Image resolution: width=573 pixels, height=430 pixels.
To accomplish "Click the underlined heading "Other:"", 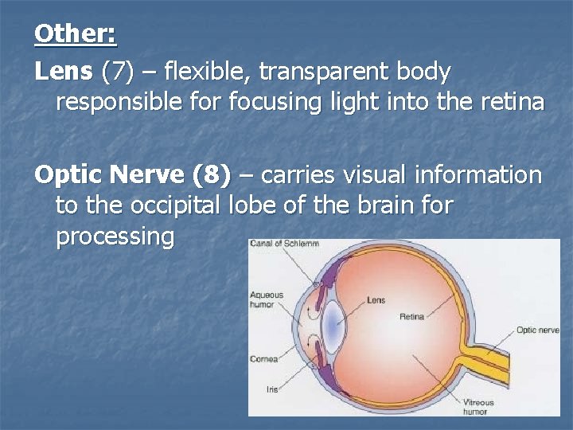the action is pos(75,33).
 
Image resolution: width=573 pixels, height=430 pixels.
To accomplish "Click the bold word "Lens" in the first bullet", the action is pos(64,72).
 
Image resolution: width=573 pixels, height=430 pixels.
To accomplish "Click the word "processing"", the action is pos(115,236).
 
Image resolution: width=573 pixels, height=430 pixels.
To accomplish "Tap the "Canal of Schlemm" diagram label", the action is pos(284,243).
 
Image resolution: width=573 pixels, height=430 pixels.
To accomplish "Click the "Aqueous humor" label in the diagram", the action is pos(266,299).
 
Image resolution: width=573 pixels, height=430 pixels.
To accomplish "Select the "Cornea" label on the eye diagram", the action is pos(263,359).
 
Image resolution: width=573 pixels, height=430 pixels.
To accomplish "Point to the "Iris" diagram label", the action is pos(272,389).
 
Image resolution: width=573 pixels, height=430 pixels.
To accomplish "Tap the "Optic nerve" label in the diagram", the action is pos(537,330).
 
